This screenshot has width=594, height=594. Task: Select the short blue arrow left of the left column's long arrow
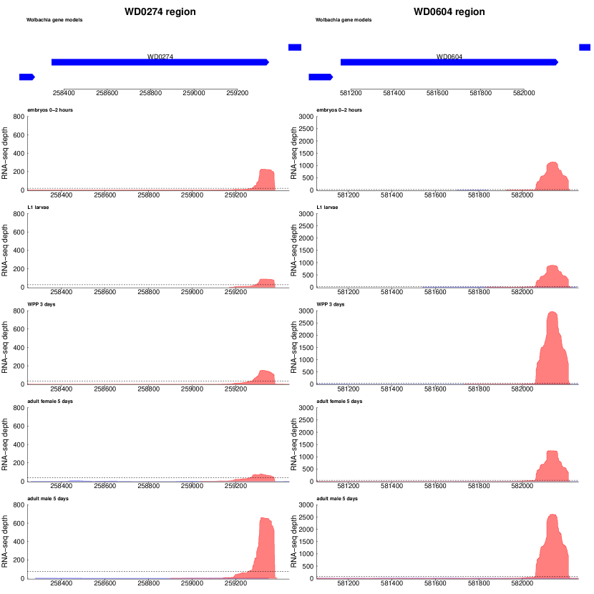pos(27,77)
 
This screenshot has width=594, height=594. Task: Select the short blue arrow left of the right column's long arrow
pos(320,77)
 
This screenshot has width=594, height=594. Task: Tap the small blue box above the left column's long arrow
pos(295,47)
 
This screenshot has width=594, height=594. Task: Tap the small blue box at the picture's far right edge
pos(585,47)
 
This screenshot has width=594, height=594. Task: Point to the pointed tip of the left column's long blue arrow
pos(268,62)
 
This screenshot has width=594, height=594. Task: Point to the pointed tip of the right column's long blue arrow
pos(558,62)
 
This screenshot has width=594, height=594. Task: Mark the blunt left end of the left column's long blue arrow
pos(52,62)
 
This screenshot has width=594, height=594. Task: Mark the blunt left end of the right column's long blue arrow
pos(341,62)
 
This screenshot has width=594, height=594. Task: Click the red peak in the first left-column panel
pos(266,179)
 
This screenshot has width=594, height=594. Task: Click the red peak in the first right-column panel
pos(552,177)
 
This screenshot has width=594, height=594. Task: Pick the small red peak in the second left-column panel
pos(266,283)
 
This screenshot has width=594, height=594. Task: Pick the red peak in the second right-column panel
pos(552,277)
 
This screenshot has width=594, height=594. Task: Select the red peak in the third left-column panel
pos(266,376)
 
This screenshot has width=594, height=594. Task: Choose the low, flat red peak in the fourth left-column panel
pos(262,477)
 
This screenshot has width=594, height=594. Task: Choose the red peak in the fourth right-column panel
pos(552,467)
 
